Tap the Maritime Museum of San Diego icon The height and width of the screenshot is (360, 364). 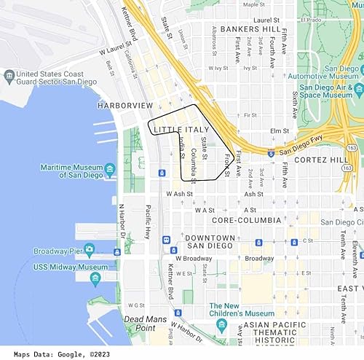[x=110, y=171]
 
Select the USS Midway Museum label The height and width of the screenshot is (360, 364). [x=71, y=267]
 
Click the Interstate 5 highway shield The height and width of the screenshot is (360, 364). [x=270, y=154]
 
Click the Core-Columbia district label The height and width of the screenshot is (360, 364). [x=246, y=219]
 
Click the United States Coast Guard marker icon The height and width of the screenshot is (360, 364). [x=9, y=75]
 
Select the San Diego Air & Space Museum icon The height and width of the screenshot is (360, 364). [x=359, y=94]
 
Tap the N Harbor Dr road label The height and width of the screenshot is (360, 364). [x=122, y=219]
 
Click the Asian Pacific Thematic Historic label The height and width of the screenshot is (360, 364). [x=280, y=332]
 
